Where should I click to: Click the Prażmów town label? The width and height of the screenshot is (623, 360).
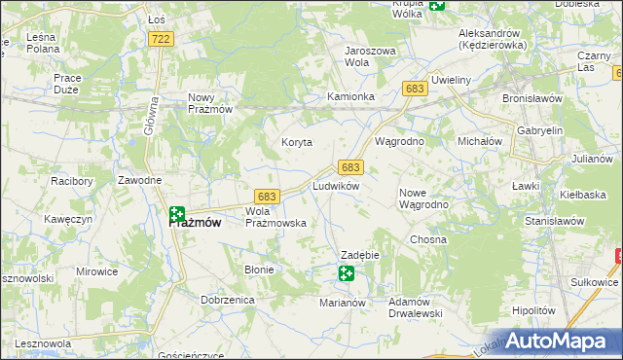tap(195, 223)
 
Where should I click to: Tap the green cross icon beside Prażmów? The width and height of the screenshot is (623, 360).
tap(176, 214)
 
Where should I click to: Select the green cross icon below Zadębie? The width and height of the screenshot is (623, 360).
tap(347, 273)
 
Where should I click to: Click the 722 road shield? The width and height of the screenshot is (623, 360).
tap(162, 38)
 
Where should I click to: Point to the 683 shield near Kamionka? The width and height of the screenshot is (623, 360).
tap(415, 89)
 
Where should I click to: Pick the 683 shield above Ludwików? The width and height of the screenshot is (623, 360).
tap(350, 167)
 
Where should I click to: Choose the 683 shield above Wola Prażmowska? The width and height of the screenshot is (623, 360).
tap(268, 196)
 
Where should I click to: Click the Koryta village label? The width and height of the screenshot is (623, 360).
tap(297, 142)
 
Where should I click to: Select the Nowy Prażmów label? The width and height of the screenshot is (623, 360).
tap(209, 103)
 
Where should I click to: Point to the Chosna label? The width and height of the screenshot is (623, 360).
tap(428, 239)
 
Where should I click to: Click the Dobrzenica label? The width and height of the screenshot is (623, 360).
tap(228, 301)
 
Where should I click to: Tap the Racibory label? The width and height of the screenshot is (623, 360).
tap(70, 181)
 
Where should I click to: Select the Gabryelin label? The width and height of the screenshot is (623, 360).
tap(541, 130)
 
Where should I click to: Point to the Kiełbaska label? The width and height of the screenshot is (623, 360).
tap(583, 195)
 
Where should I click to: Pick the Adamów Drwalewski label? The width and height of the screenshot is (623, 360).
tap(416, 307)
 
